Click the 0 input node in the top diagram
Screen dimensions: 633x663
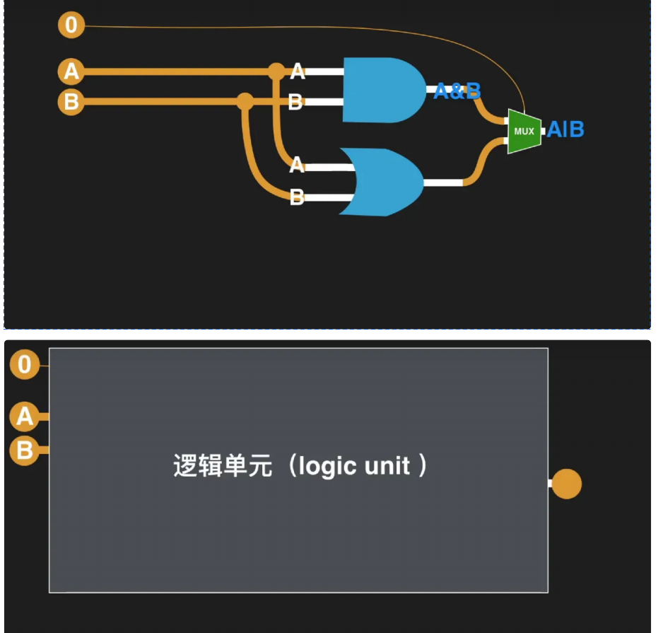point(71,26)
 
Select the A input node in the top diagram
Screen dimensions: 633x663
point(71,71)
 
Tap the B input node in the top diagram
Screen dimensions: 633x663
point(71,103)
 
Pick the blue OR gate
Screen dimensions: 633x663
point(381,182)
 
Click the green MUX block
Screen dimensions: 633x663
point(524,132)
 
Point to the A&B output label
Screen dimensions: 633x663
point(457,91)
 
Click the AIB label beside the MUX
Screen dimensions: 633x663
point(565,130)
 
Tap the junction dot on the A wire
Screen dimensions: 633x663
point(276,71)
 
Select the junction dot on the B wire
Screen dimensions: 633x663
point(245,102)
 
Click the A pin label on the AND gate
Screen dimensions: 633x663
point(297,71)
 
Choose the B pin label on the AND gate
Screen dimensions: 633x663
point(296,103)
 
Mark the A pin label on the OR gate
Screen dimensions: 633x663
point(297,165)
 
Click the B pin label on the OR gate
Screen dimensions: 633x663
point(297,197)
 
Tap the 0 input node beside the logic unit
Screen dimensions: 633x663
point(25,365)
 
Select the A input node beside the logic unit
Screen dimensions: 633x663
point(25,417)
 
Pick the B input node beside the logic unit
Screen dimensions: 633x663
point(25,450)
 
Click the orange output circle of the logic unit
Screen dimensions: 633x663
point(565,484)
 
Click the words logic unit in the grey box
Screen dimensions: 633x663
point(353,467)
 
